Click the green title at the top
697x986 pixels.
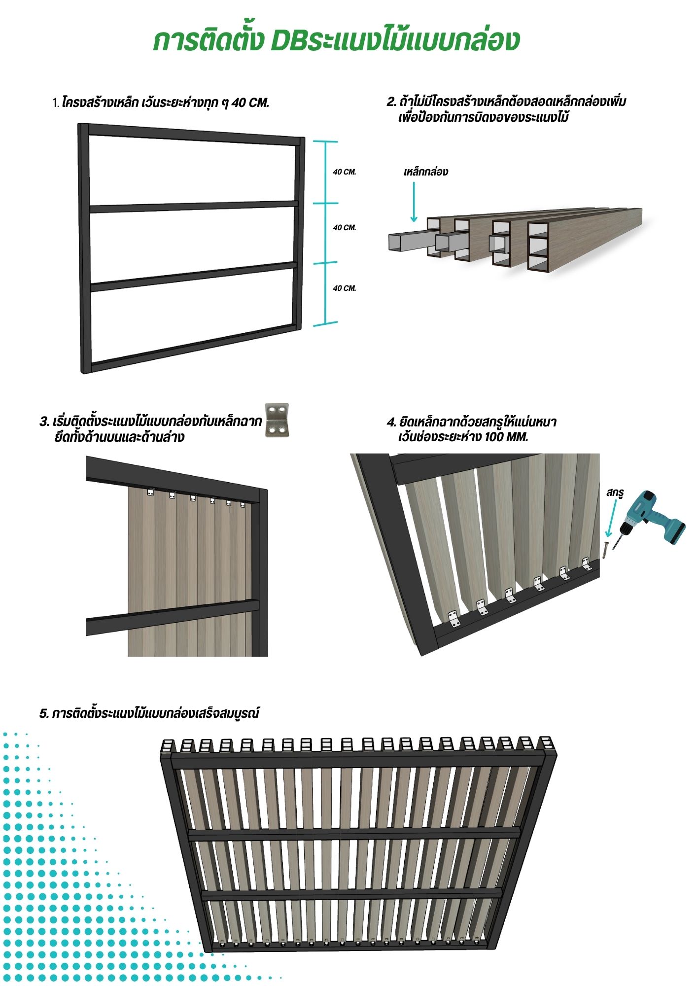point(336,40)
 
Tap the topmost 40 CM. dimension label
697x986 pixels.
point(344,172)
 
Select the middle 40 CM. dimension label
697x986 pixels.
point(344,228)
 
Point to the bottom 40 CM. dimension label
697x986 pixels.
point(344,288)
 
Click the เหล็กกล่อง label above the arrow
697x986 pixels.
point(426,172)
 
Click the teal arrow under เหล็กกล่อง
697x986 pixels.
point(414,202)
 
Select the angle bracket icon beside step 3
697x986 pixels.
point(277,421)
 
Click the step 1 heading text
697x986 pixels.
point(161,103)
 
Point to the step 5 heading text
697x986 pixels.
point(149,713)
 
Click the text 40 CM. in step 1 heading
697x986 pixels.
point(250,103)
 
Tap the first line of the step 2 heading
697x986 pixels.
point(506,102)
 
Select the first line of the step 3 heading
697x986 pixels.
point(151,422)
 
